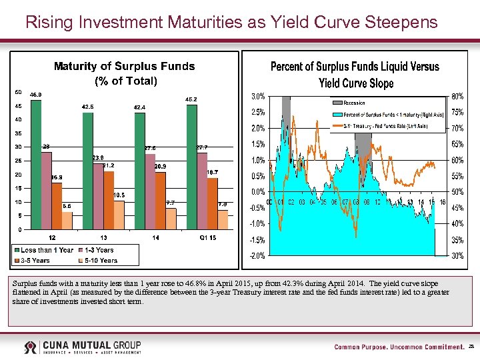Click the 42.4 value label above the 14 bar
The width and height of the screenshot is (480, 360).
pyautogui.click(x=139, y=107)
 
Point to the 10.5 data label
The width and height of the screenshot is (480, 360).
pyautogui.click(x=119, y=195)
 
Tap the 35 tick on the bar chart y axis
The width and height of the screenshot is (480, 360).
pyautogui.click(x=18, y=133)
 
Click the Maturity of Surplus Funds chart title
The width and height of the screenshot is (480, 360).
pyautogui.click(x=124, y=67)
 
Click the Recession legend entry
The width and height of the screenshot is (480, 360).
pyautogui.click(x=354, y=103)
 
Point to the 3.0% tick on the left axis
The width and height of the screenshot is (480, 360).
pyautogui.click(x=258, y=96)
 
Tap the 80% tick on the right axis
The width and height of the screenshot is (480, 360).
pyautogui.click(x=458, y=96)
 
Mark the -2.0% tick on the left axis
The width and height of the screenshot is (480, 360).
pyautogui.click(x=257, y=255)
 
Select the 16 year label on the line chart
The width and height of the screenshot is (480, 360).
pyautogui.click(x=442, y=203)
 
